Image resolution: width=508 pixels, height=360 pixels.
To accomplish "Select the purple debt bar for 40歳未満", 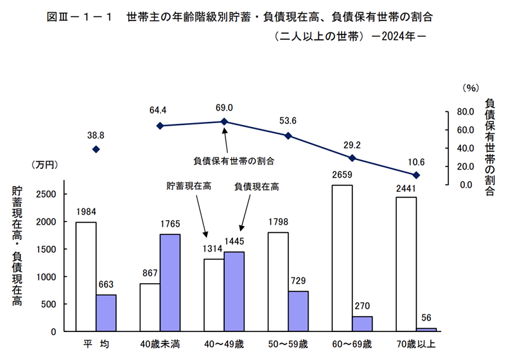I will tap(170, 283).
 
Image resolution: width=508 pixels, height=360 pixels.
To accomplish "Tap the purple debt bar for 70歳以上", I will tap(426, 329).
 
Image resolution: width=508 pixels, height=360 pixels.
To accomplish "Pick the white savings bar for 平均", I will tap(86, 276).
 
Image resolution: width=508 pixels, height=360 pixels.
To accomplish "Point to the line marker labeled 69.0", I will tap(224, 121).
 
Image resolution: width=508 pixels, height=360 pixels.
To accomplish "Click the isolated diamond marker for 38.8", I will tap(96, 149).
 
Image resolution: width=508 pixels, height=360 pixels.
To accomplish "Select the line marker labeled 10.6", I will tap(416, 175).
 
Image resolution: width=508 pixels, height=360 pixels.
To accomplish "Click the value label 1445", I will tap(234, 241).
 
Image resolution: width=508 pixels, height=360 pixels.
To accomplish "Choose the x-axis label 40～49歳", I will tap(224, 345).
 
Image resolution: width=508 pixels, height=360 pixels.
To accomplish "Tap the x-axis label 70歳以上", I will tap(416, 345).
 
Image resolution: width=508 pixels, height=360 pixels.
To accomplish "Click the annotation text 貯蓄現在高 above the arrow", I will tap(189, 187).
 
